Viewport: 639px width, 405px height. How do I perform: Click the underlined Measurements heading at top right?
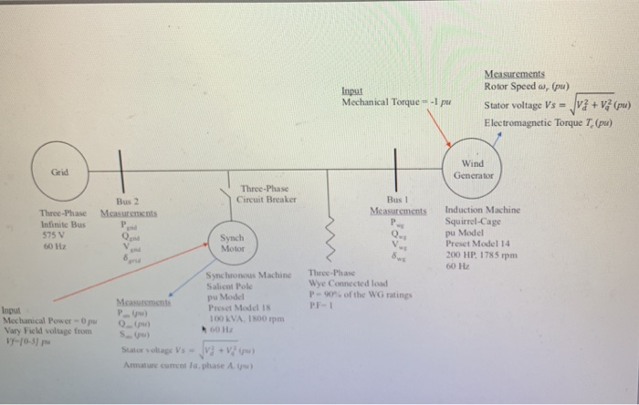pos(515,74)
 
